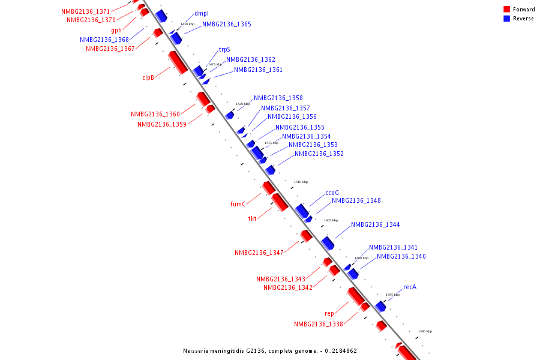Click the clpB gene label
click(148, 77)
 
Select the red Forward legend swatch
click(507, 9)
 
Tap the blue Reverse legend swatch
click(507, 19)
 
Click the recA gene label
click(410, 287)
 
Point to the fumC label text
click(238, 204)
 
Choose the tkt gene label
click(253, 218)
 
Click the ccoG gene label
click(332, 193)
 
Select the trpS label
click(224, 50)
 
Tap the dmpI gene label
click(202, 14)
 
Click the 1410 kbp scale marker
click(301, 182)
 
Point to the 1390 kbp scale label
click(425, 331)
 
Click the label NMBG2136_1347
click(259, 253)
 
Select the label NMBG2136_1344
click(376, 224)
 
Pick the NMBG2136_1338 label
click(319, 324)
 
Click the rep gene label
click(329, 313)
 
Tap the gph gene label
click(116, 30)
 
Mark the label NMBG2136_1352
click(319, 154)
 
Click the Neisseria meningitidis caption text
click(270, 350)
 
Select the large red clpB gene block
click(178, 62)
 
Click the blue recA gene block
click(380, 306)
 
